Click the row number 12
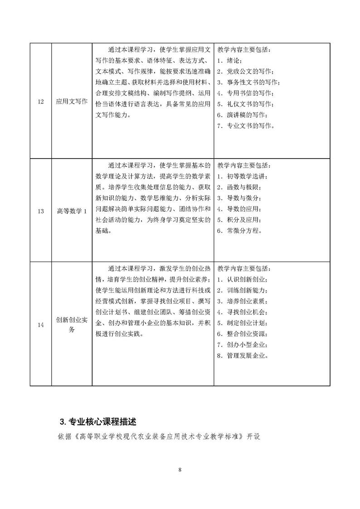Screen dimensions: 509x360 [41, 101]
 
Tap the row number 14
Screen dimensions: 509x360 [41, 324]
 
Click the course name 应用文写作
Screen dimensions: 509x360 [72, 101]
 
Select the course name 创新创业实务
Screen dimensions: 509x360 [72, 324]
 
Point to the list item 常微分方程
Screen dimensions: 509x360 [240, 230]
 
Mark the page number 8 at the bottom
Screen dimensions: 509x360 [180, 470]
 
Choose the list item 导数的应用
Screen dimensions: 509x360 [240, 208]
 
